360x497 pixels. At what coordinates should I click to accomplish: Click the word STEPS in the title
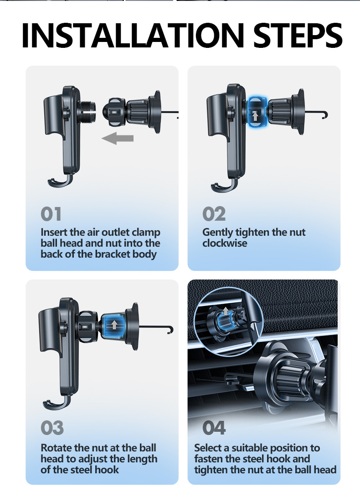pos(298,36)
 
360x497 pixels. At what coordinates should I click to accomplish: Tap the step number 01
pos(51,214)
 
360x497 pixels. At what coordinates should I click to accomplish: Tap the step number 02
pos(214,214)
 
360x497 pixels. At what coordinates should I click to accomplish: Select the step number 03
pos(52,428)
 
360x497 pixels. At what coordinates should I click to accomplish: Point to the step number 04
pos(214,428)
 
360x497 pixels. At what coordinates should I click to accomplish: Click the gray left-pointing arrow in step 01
pos(118,139)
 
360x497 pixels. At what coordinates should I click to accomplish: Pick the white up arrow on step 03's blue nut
pos(114,325)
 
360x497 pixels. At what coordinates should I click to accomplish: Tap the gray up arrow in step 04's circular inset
pos(225,311)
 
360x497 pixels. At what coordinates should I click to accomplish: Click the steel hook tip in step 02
pos(324,116)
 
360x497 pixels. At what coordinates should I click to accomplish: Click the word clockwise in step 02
pos(225,243)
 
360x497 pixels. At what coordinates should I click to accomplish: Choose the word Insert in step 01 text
pos(54,233)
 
